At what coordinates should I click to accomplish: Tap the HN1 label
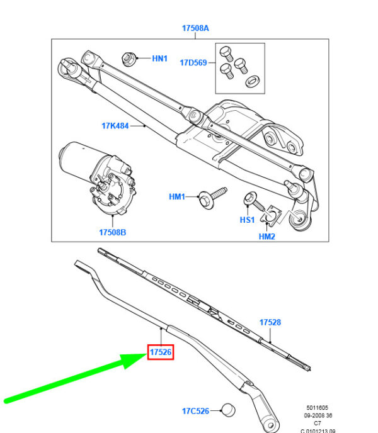coord(159,59)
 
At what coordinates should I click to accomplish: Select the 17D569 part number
coord(193,62)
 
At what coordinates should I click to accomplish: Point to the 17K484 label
coord(115,126)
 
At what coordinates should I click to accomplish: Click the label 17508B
coord(112,232)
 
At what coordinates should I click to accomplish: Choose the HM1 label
coord(177,197)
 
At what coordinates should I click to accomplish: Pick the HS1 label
coord(246,220)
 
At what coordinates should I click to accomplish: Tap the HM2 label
coord(267,237)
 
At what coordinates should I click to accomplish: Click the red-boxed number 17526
coord(160,352)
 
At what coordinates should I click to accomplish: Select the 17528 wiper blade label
coord(270,322)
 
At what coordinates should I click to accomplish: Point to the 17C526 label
coord(195,411)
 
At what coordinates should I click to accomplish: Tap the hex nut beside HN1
coord(129,60)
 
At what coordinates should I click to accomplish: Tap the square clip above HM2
coord(272,216)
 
